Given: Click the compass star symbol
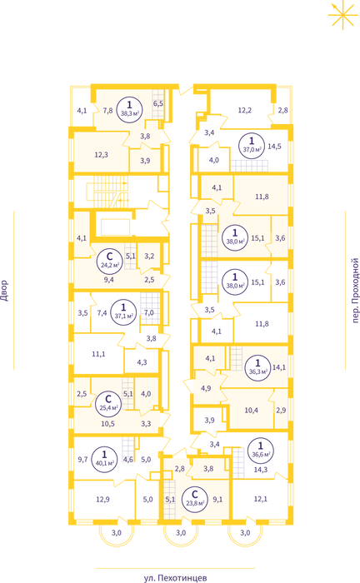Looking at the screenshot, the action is pyautogui.click(x=342, y=15).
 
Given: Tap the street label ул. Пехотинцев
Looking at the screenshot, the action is pyautogui.click(x=175, y=578).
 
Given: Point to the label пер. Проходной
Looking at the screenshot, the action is pyautogui.click(x=355, y=291).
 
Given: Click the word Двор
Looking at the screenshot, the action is pyautogui.click(x=4, y=291).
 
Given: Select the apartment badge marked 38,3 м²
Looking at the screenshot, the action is pyautogui.click(x=129, y=108).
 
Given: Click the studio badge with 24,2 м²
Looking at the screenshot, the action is pyautogui.click(x=110, y=260).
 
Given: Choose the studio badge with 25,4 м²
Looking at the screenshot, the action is pyautogui.click(x=108, y=403).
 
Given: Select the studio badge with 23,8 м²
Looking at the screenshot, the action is pyautogui.click(x=194, y=500).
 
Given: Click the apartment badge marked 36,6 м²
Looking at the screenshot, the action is pyautogui.click(x=260, y=451).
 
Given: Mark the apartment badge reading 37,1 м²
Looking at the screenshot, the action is pyautogui.click(x=123, y=312).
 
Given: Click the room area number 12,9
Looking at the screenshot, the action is pyautogui.click(x=102, y=500).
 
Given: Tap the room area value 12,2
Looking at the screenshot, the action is pyautogui.click(x=245, y=111).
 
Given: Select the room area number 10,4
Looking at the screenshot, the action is pyautogui.click(x=252, y=410).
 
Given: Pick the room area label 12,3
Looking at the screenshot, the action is pyautogui.click(x=101, y=155).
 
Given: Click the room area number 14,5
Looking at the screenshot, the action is pyautogui.click(x=274, y=147).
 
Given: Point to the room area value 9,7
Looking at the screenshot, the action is pyautogui.click(x=82, y=460).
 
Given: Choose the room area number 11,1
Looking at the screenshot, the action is pyautogui.click(x=98, y=354).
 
